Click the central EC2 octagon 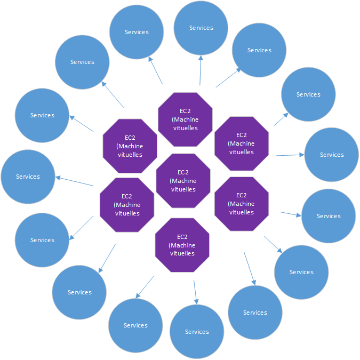click(183, 180)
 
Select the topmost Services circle click(201, 28)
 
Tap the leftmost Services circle click(28, 177)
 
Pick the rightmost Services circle click(331, 155)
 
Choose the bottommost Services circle click(197, 332)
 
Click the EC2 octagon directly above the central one click(185, 119)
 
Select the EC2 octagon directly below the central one click(182, 245)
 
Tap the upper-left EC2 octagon click(130, 146)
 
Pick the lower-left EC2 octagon click(127, 205)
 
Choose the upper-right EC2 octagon click(241, 143)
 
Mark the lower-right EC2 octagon click(241, 204)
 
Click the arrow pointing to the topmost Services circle click(201, 70)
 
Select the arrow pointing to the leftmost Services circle click(75, 181)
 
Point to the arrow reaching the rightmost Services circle click(290, 155)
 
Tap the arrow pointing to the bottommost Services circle click(195, 292)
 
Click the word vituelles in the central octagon click(183, 189)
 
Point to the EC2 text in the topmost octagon click(185, 111)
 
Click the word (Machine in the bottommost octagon click(182, 245)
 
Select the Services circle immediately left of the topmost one click(137, 32)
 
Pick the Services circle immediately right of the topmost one click(259, 50)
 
